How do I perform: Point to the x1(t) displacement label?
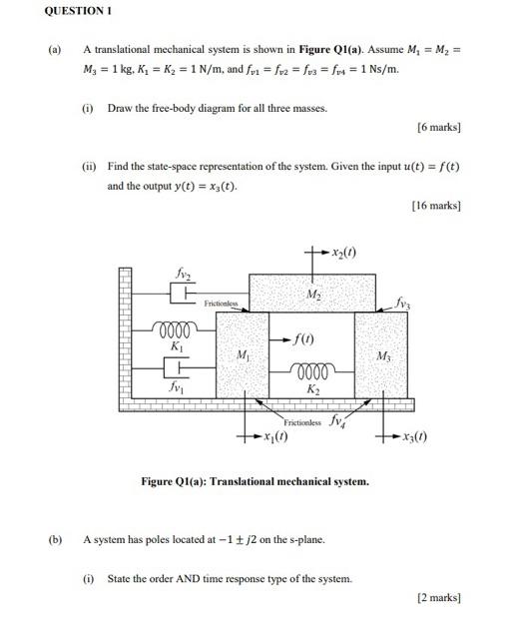click(271, 438)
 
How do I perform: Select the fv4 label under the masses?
click(339, 420)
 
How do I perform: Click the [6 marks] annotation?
click(438, 127)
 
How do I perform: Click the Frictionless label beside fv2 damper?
click(221, 302)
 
